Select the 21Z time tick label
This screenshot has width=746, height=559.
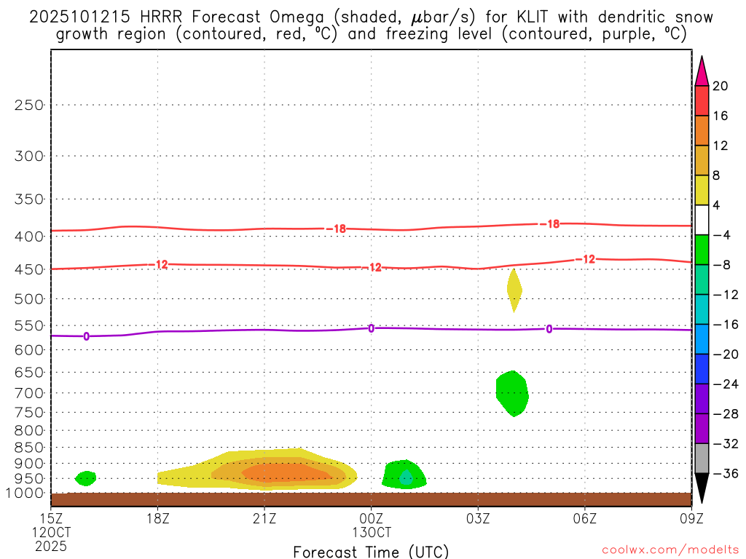264,518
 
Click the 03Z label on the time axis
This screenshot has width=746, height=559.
478,518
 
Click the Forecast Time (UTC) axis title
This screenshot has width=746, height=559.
371,551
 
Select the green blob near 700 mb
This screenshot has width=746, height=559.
512,393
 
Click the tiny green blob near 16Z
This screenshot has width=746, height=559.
86,478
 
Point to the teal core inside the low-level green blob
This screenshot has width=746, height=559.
406,477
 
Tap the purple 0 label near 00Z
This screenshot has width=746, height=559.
371,328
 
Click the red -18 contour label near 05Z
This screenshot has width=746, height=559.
551,224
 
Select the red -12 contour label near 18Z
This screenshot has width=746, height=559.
160,265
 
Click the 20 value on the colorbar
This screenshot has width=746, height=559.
720,86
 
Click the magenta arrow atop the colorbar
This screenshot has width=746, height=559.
702,71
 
